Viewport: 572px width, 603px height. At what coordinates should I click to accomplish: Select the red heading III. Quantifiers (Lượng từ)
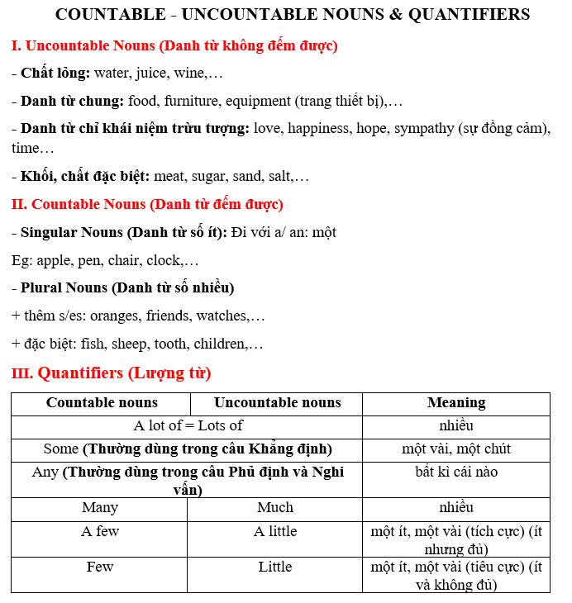pyautogui.click(x=111, y=373)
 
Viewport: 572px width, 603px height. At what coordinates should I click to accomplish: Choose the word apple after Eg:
pyautogui.click(x=55, y=260)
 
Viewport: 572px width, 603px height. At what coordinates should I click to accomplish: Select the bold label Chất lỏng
pyautogui.click(x=55, y=73)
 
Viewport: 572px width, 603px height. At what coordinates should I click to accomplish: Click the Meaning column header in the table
pyautogui.click(x=455, y=403)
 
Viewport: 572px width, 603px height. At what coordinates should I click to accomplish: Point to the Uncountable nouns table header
pyautogui.click(x=277, y=403)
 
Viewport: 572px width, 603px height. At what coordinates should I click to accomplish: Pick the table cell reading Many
pyautogui.click(x=99, y=507)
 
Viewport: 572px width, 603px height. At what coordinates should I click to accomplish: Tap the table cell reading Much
pyautogui.click(x=275, y=507)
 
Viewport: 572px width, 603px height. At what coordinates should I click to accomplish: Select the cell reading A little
pyautogui.click(x=275, y=531)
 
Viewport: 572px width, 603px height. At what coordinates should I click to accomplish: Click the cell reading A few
pyautogui.click(x=99, y=531)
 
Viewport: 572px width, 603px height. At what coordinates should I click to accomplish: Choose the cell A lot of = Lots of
pyautogui.click(x=188, y=426)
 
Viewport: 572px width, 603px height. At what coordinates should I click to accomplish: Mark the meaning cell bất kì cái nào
pyautogui.click(x=456, y=472)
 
